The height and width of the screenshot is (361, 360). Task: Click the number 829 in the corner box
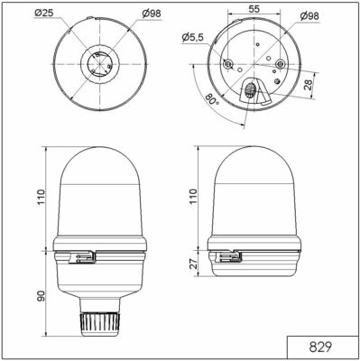[x=322, y=347]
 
